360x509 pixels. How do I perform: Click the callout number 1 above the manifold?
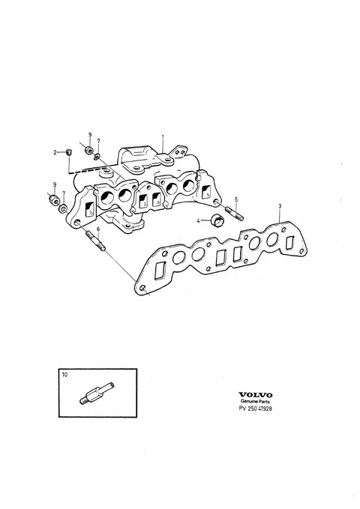pos(163,137)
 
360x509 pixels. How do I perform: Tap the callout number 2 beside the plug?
pos(55,152)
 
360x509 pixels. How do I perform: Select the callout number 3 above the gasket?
pos(280,206)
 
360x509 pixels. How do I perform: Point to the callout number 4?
pos(198,221)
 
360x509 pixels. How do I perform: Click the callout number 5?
pos(236,199)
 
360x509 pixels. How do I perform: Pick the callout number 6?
pos(98,229)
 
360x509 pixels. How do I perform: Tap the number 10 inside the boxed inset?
pos(64,375)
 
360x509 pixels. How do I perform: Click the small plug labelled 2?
pos(68,152)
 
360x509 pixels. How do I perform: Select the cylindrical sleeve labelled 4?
pos(217,220)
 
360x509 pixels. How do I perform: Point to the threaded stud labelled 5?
pos(234,213)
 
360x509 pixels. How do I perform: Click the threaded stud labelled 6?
pos(95,241)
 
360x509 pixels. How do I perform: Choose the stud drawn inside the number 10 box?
pos(97,393)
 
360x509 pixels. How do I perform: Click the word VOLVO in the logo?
pos(256,395)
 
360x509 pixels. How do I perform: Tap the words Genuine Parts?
pos(256,402)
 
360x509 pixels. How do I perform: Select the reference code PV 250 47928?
pos(256,409)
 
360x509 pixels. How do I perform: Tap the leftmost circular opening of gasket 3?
pos(178,258)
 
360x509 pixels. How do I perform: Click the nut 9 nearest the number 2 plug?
pos(88,151)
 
